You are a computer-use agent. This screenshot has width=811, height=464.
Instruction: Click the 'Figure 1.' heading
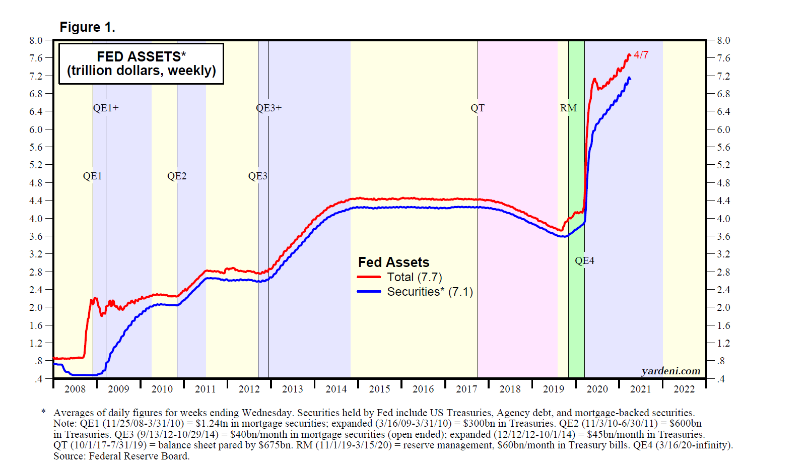tap(87, 27)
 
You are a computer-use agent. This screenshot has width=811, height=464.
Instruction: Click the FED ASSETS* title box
tap(141, 63)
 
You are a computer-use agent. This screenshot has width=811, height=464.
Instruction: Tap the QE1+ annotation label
tap(106, 108)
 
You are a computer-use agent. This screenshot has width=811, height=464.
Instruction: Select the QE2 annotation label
tap(177, 176)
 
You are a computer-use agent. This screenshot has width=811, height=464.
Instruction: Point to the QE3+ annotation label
tap(268, 108)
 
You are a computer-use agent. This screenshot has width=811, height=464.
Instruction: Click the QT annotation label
tap(478, 108)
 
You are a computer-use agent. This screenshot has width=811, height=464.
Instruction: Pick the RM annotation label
tap(568, 108)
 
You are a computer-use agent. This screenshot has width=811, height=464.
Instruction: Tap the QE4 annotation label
tap(584, 260)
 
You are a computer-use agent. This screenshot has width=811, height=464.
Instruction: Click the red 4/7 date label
tap(641, 55)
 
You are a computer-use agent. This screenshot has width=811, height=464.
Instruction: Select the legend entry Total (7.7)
tap(414, 277)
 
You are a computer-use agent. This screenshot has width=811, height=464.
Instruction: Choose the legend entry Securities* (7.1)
tap(430, 292)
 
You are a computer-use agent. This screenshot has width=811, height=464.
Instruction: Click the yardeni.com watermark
tap(670, 371)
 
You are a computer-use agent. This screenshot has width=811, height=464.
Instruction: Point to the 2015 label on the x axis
tap(379, 389)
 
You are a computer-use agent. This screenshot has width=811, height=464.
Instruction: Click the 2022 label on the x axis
tap(684, 389)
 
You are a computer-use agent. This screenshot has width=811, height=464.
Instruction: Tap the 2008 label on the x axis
tap(75, 389)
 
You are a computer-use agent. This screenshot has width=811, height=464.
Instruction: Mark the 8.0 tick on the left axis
tap(36, 40)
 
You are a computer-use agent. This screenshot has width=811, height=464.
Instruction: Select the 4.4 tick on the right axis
tap(723, 201)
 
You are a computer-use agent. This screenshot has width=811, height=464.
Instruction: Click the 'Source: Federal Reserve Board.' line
tap(121, 456)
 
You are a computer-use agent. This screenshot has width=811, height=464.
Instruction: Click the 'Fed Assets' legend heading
tap(393, 262)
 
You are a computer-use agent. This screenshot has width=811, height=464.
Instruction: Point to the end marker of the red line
tap(629, 55)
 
